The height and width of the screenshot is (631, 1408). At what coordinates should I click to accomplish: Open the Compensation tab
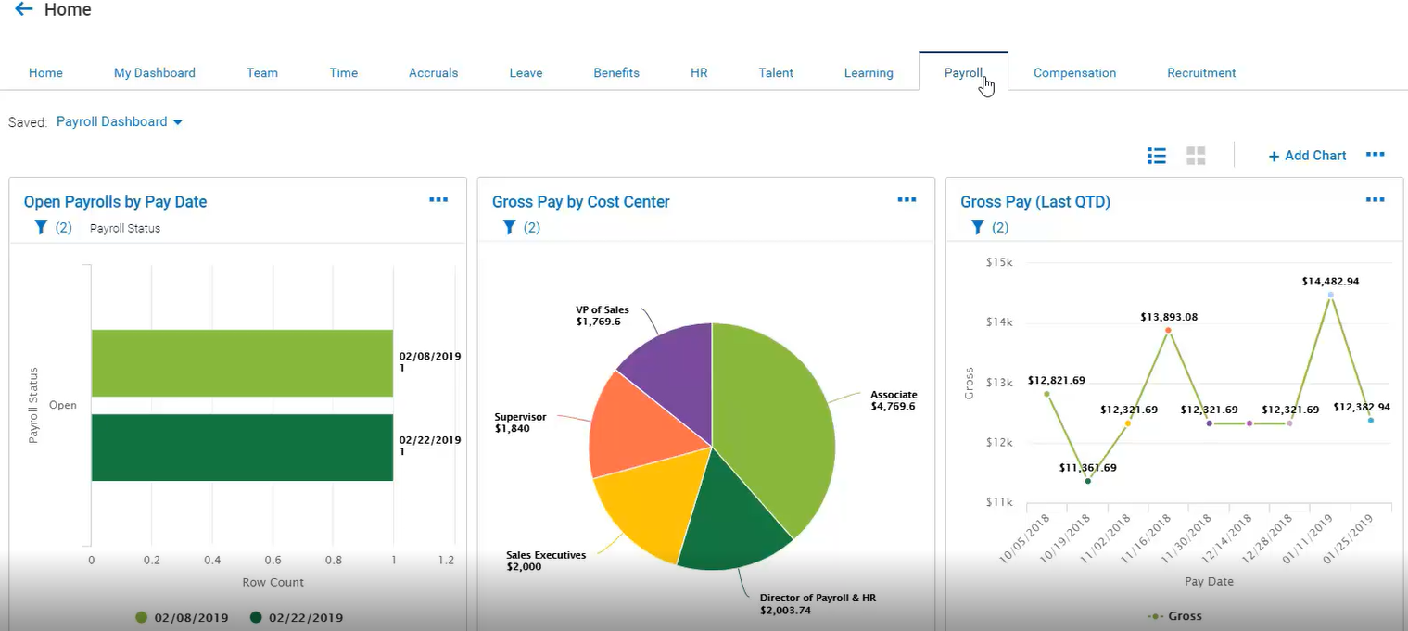click(1074, 73)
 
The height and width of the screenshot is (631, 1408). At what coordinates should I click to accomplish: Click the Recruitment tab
click(1201, 73)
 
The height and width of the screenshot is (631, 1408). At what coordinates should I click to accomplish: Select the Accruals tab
click(433, 73)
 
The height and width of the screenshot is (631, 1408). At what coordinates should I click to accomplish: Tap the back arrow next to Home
click(23, 8)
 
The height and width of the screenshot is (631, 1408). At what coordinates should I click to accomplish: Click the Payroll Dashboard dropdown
click(120, 122)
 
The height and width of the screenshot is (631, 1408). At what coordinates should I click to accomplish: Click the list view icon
click(1157, 156)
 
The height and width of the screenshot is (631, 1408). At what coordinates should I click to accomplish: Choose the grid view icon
click(1196, 156)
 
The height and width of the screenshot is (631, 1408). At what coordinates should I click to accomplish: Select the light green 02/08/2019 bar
click(242, 363)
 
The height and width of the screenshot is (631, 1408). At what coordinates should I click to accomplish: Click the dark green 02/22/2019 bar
click(242, 448)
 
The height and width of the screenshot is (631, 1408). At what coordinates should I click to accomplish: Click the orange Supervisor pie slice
click(635, 427)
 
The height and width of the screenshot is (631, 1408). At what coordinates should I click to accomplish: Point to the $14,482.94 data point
click(1331, 295)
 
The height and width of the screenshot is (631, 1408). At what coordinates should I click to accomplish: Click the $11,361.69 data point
click(1088, 481)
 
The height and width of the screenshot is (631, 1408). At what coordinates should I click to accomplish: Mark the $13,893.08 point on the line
click(1168, 330)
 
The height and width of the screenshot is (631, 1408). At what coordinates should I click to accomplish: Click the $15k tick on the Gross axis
click(999, 262)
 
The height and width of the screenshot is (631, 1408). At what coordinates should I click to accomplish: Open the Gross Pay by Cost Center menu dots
click(907, 200)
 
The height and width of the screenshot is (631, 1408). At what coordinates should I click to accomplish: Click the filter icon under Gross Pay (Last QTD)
click(977, 227)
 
